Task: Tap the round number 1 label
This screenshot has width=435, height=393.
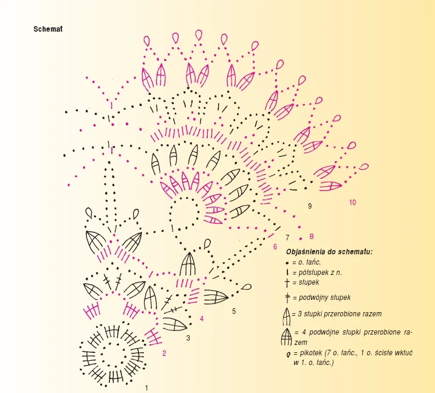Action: [146, 387]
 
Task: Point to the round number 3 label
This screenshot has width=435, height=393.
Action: [188, 338]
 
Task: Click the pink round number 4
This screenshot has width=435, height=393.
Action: [202, 318]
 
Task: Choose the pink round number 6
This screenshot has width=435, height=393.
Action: [275, 247]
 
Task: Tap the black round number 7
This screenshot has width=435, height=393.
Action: [287, 237]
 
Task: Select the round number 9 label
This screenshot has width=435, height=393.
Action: [309, 206]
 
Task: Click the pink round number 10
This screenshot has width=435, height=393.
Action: [352, 202]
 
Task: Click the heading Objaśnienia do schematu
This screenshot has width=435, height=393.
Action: [329, 251]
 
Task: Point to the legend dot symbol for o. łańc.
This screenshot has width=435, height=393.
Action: [286, 262]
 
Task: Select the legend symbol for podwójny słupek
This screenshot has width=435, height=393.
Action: [286, 297]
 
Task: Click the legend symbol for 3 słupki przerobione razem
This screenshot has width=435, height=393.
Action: [286, 316]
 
